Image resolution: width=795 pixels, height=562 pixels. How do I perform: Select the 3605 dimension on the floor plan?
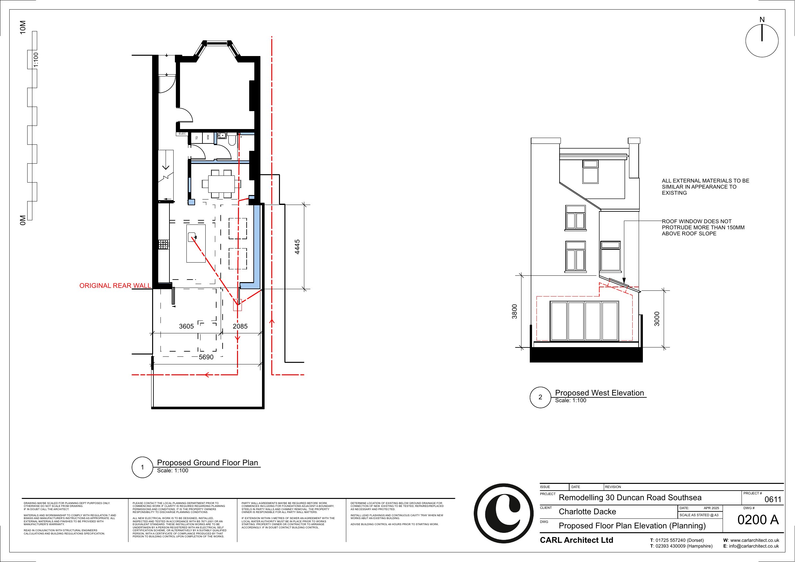186,327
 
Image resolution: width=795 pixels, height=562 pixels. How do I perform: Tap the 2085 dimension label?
240,327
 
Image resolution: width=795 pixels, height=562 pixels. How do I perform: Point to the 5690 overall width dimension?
206,357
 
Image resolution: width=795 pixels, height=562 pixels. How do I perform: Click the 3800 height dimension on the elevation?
514,311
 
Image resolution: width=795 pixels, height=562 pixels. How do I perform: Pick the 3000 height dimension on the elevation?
657,319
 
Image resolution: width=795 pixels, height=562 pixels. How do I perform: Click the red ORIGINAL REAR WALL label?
115,286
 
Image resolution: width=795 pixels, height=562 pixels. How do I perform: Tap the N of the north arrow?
762,20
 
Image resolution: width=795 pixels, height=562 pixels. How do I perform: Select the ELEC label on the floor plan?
183,134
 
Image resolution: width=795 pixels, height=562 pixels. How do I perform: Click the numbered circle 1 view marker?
142,468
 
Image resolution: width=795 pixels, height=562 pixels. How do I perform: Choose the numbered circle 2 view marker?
540,397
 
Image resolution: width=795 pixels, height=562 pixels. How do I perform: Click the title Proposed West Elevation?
599,393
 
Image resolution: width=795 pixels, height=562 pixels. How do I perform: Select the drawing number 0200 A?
758,520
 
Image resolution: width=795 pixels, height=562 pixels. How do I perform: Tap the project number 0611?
773,500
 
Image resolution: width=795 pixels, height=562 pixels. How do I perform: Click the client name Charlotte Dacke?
587,512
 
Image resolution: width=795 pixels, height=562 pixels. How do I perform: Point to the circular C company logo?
504,514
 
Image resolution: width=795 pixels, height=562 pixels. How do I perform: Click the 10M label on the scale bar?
23,27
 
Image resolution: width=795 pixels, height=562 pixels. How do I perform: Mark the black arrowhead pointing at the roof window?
624,281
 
